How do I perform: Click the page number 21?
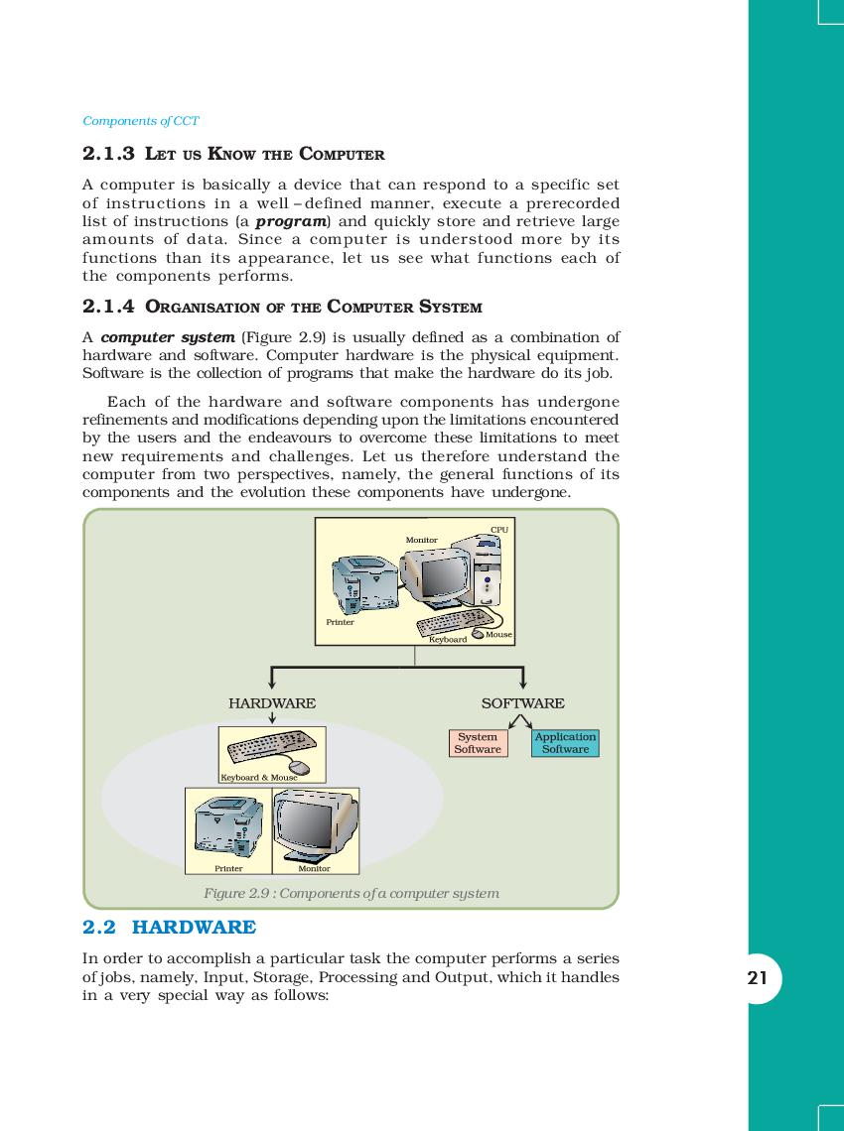click(x=758, y=979)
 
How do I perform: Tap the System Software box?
click(x=478, y=743)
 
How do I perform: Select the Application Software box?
click(x=565, y=743)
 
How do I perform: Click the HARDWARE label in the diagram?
click(x=272, y=703)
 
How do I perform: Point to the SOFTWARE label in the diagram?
click(x=522, y=703)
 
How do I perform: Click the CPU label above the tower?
click(x=499, y=530)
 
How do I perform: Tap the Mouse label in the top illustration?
click(x=498, y=634)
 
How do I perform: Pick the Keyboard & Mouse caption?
click(x=258, y=777)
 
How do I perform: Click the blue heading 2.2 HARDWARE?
click(x=169, y=928)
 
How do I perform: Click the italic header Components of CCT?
click(x=141, y=121)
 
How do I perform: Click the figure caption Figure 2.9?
click(x=351, y=893)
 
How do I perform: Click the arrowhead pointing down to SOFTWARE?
click(x=522, y=683)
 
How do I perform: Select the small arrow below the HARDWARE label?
click(x=272, y=718)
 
